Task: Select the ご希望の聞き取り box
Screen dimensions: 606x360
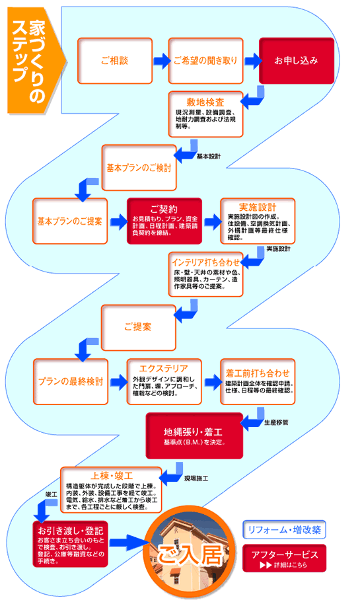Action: click(205, 60)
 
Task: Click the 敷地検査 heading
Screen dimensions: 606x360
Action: click(205, 102)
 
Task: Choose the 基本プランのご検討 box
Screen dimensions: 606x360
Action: click(139, 167)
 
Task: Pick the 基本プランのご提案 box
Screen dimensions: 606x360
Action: click(69, 221)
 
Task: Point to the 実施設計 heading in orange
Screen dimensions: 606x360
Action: click(257, 206)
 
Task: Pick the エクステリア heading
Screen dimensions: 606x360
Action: click(164, 367)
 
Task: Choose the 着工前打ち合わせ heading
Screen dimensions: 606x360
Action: click(257, 367)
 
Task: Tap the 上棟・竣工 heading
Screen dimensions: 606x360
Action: click(111, 476)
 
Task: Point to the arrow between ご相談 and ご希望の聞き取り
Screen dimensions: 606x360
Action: click(160, 61)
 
